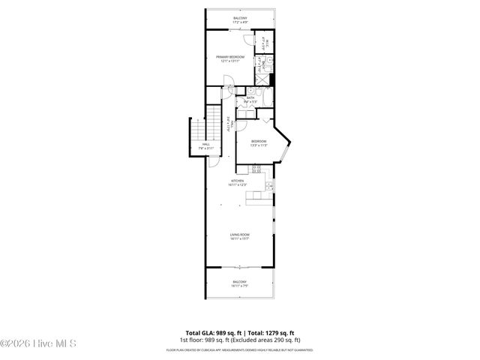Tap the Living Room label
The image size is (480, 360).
[239, 235]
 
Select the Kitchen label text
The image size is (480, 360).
[238, 181]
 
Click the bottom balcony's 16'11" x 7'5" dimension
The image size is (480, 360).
[239, 286]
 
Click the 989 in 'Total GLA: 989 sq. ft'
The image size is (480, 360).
[221, 332]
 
